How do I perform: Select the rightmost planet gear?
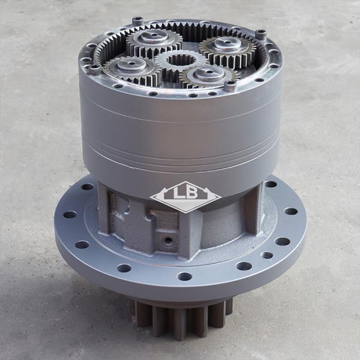click(227, 47)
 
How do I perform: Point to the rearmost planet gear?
click(154, 39)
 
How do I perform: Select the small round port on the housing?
click(169, 241)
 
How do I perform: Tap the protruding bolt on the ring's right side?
click(261, 35)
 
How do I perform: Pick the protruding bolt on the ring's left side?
click(94, 70)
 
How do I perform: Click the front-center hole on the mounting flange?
click(185, 277)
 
